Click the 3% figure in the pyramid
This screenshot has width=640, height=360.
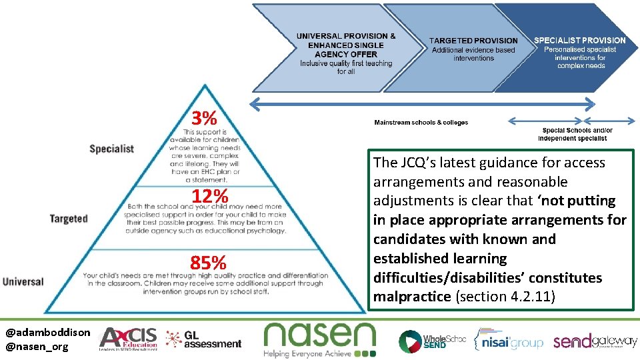(x=204, y=119)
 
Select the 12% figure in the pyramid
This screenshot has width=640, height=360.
(x=210, y=196)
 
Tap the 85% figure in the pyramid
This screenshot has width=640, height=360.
(x=209, y=263)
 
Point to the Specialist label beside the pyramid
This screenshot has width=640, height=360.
(x=111, y=148)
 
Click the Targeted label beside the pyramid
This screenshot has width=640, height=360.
(x=68, y=219)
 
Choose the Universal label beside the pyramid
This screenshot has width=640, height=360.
(x=23, y=281)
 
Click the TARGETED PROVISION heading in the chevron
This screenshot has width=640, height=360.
(x=473, y=41)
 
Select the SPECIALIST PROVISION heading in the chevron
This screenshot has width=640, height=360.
(x=579, y=40)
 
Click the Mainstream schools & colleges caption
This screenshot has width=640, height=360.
(x=421, y=123)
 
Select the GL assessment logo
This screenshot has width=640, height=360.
(x=203, y=339)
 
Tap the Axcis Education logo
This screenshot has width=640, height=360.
(x=128, y=339)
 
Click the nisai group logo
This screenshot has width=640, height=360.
(x=508, y=340)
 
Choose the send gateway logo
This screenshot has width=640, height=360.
(x=595, y=341)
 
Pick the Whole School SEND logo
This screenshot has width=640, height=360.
(x=432, y=341)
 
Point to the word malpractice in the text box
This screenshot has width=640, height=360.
(x=411, y=297)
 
